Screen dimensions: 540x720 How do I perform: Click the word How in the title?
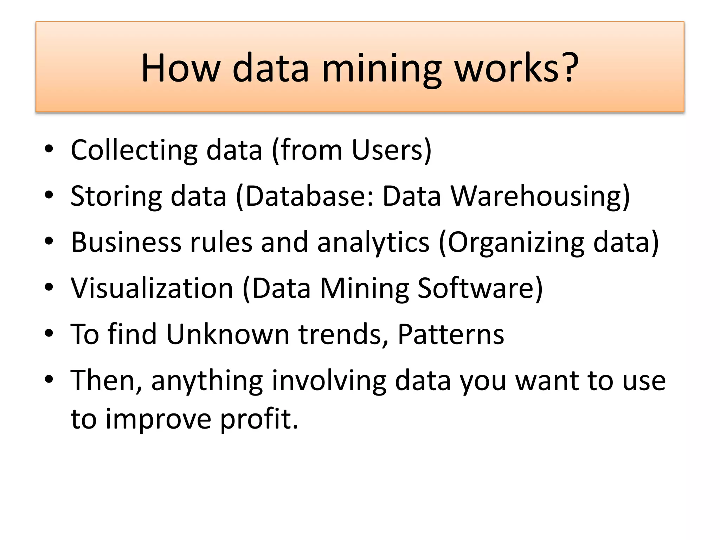tap(181, 67)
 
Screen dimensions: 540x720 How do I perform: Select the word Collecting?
tap(134, 150)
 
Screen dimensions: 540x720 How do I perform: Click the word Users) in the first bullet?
tap(392, 150)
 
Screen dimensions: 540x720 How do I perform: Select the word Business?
tap(126, 242)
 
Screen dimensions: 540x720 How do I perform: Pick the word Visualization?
tap(152, 288)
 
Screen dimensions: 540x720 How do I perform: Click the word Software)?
tap(480, 288)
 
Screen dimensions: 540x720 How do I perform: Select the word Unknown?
tap(228, 334)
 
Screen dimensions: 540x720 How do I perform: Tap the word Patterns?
tap(451, 334)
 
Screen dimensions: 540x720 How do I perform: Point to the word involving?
tap(329, 381)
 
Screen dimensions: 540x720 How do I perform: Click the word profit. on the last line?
tap(259, 419)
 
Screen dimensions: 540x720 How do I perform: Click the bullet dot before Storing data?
tap(49, 195)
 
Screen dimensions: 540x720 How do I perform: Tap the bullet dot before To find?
tap(49, 333)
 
